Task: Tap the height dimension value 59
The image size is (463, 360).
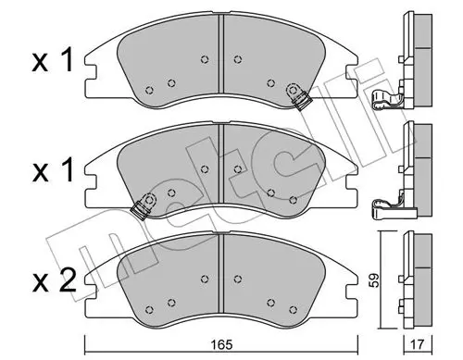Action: tap(375, 279)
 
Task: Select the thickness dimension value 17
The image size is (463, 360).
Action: tap(419, 344)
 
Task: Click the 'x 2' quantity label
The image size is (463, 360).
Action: tap(54, 280)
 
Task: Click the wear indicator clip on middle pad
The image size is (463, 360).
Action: tap(144, 205)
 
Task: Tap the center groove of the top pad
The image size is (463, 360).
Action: tap(221, 53)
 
